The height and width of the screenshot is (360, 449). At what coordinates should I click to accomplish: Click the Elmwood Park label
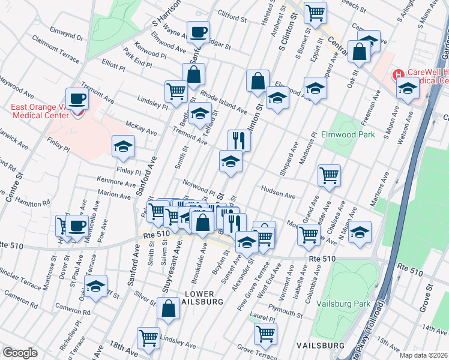tap(348, 134)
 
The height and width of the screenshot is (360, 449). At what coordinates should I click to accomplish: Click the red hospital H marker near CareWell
tap(397, 75)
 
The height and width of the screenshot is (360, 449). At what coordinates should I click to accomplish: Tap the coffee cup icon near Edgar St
tap(197, 32)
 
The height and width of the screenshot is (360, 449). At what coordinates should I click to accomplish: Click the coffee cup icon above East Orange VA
tap(77, 98)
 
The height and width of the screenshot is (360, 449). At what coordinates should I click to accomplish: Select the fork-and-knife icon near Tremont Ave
tap(239, 141)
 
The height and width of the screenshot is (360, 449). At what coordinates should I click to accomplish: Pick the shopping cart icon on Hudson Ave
tap(329, 175)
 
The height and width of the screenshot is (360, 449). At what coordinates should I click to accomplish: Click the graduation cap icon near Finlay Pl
tap(123, 147)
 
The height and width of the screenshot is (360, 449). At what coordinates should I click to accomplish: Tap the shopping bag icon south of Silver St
tap(169, 308)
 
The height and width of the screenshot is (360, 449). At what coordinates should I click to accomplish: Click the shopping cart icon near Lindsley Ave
tap(148, 337)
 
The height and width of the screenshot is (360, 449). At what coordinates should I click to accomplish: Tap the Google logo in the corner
tap(20, 353)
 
